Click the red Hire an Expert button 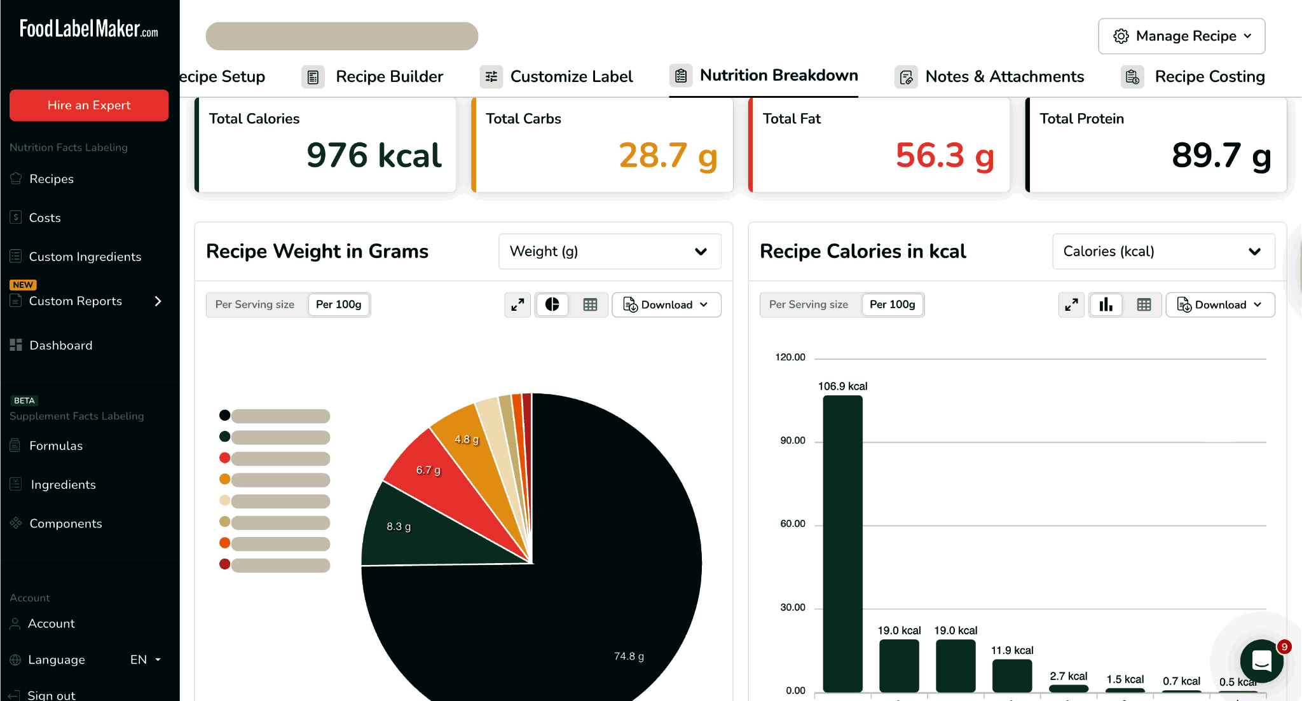(89, 105)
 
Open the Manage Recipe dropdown (1181, 36)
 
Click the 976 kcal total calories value (374, 156)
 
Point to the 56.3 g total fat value (945, 156)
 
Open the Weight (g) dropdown (609, 252)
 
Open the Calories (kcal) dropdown (1163, 252)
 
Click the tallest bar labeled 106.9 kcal (842, 540)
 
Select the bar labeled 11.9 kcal (1011, 675)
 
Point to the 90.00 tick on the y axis (792, 440)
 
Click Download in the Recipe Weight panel (666, 305)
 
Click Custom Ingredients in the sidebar (85, 257)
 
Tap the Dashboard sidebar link (60, 345)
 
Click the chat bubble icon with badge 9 (1261, 662)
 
